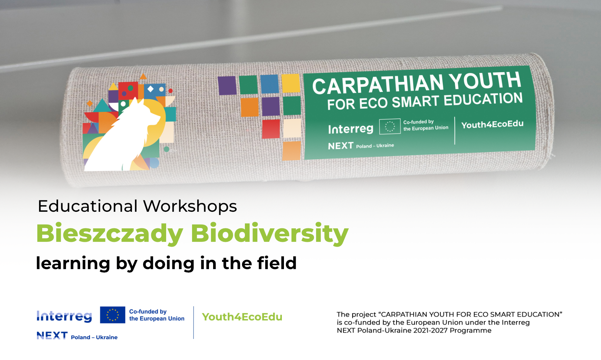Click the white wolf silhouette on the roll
[x=121, y=138]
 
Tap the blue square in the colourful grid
[x=269, y=84]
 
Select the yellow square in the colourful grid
[x=291, y=83]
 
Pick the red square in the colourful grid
[x=271, y=129]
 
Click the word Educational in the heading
[x=88, y=206]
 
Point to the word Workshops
[x=190, y=207]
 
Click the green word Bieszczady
[x=110, y=234]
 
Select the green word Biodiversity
[x=269, y=234]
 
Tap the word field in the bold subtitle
[x=277, y=263]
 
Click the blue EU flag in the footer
[x=113, y=315]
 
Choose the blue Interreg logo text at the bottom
[x=64, y=316]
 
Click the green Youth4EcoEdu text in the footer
[x=242, y=317]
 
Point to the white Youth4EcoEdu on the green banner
[x=493, y=124]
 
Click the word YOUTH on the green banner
[x=485, y=80]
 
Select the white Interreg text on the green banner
[x=351, y=129]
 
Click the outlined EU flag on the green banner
[x=390, y=126]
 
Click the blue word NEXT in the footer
[x=52, y=335]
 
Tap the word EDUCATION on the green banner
[x=483, y=99]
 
